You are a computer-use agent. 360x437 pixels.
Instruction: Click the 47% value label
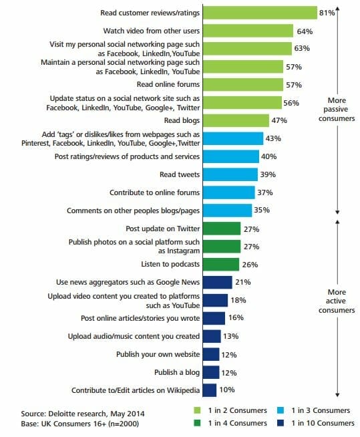[279, 121]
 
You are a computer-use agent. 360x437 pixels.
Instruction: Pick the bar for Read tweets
[230, 174]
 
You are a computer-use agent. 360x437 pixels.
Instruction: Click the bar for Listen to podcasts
[220, 264]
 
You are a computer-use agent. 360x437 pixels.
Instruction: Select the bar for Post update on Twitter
[221, 229]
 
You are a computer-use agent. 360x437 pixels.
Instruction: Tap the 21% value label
[242, 283]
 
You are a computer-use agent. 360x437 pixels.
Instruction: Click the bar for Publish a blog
[210, 372]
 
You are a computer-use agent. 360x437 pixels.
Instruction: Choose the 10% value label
[226, 390]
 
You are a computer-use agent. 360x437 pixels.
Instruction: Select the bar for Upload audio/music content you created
[211, 336]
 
